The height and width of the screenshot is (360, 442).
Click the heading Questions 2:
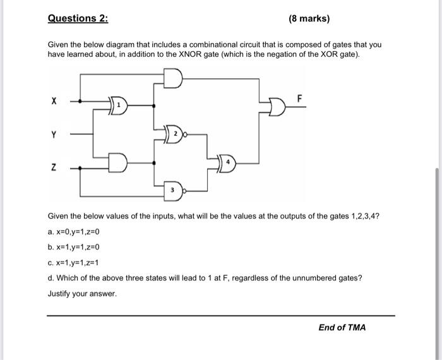(78, 18)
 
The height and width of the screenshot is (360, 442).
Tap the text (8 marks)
(309, 18)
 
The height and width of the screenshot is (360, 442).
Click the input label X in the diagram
(54, 100)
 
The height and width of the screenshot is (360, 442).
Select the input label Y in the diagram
(54, 134)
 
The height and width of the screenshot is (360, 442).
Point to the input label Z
(54, 167)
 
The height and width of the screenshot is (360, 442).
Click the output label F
(300, 98)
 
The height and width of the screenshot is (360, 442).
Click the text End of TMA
(342, 327)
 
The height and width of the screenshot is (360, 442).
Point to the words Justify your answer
(83, 294)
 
